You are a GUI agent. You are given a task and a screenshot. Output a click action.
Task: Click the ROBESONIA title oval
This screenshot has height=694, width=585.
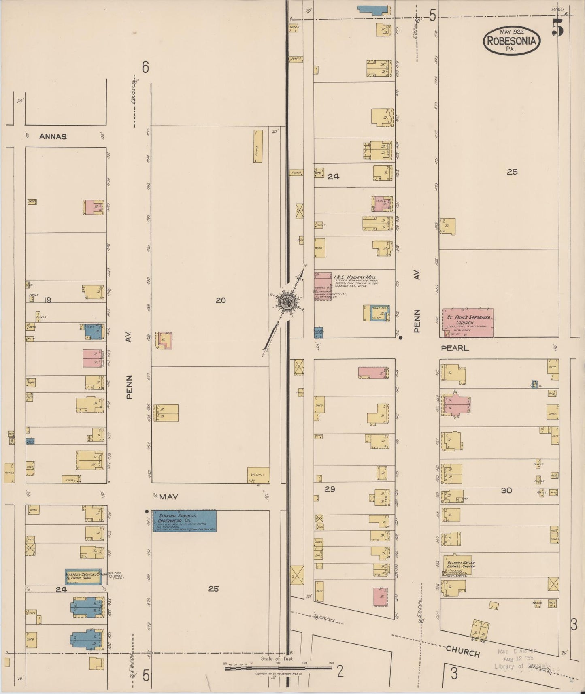point(512,40)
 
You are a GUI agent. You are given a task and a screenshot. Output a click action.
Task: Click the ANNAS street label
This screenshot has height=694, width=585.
point(53,137)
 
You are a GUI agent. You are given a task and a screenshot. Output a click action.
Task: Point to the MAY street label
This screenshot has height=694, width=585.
point(168,497)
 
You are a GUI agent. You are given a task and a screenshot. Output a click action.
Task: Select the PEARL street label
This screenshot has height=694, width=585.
point(455,348)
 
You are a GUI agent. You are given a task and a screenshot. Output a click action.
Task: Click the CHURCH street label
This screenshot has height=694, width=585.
point(462,651)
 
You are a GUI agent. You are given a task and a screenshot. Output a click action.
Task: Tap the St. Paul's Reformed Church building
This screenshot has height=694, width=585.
point(468,323)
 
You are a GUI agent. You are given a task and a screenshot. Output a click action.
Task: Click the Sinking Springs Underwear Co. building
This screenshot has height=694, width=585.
point(184,520)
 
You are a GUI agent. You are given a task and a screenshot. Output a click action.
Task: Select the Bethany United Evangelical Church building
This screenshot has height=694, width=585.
point(456,564)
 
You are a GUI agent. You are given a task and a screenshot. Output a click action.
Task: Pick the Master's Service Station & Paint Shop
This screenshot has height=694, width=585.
point(84,577)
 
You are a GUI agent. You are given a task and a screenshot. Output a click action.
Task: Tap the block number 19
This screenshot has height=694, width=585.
point(48,300)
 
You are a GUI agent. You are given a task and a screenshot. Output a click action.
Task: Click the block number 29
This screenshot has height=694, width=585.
point(330,489)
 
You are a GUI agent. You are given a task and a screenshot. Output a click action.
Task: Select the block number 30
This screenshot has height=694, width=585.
point(506,490)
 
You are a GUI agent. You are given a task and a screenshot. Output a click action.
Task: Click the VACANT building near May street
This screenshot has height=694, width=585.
point(258,475)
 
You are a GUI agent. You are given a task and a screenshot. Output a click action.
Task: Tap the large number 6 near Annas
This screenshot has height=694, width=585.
point(145,67)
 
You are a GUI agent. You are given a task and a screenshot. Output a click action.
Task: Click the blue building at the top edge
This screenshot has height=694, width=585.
point(373,10)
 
